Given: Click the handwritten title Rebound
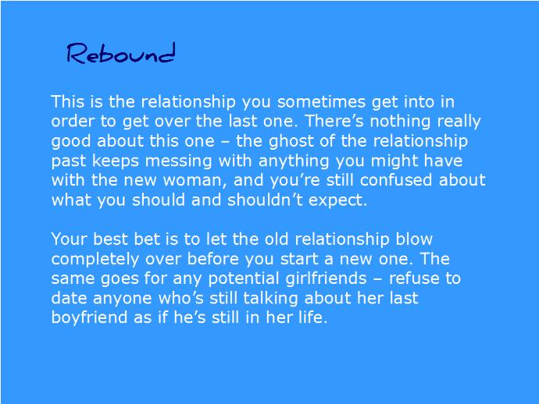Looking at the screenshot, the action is (x=121, y=53).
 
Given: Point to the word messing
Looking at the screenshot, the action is (x=178, y=161).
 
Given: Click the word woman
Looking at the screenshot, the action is (x=195, y=180).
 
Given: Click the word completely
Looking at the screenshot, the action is (x=95, y=260).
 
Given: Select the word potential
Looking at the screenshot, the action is (x=244, y=278).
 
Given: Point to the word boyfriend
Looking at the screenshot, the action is (x=89, y=317).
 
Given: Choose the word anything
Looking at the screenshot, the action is (x=294, y=161).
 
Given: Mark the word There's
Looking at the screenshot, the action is (x=334, y=121).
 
